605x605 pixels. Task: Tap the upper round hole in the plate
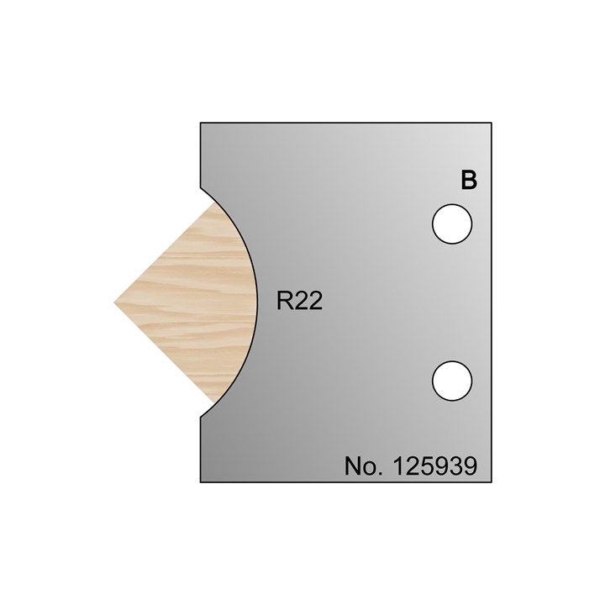click(x=452, y=224)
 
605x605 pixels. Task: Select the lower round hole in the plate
click(x=452, y=381)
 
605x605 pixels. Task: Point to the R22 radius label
click(x=300, y=302)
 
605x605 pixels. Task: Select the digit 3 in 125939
click(x=455, y=467)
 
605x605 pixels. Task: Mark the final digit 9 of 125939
click(x=470, y=467)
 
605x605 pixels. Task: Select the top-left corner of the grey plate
click(x=201, y=124)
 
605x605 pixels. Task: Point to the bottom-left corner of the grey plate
click(x=201, y=482)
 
